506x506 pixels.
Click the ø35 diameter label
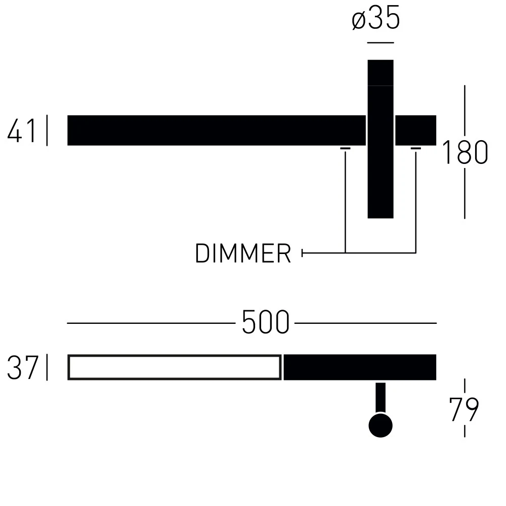pos(376,18)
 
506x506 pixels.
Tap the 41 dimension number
pos(22,131)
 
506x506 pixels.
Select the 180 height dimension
pos(465,152)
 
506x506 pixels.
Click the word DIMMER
pos(243,254)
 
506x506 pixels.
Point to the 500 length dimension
pos(265,322)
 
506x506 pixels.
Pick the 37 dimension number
pos(23,367)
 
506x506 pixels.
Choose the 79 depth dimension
pos(464,409)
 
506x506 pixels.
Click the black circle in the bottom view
pos(381,426)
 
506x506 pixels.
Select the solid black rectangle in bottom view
pos(360,367)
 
